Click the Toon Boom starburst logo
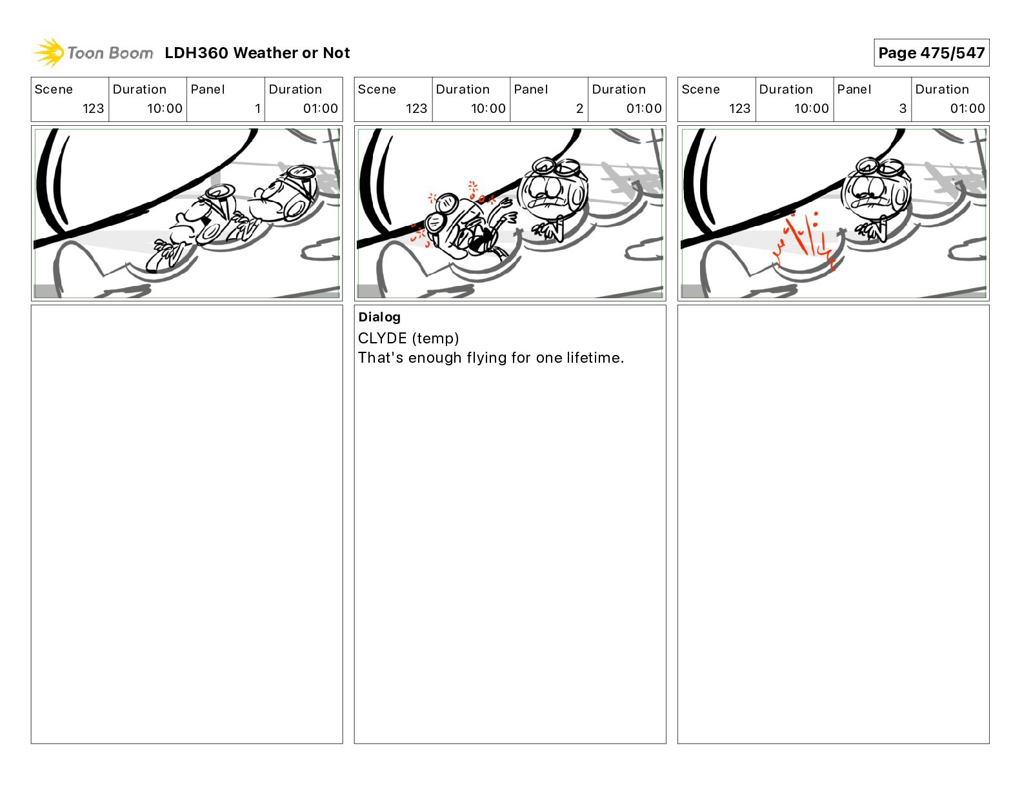(x=49, y=52)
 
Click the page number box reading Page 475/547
(x=931, y=53)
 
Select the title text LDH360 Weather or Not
(x=257, y=53)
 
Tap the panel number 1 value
(x=257, y=108)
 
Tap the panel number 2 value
(x=579, y=108)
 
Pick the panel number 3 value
(x=903, y=108)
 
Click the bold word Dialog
(x=379, y=317)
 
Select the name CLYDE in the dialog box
(x=382, y=338)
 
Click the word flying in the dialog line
(x=486, y=359)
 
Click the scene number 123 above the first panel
(x=93, y=108)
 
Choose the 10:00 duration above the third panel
(x=811, y=108)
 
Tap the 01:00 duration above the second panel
(x=644, y=108)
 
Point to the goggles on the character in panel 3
(x=879, y=167)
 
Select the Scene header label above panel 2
(x=377, y=90)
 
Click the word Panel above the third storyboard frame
(x=854, y=90)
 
